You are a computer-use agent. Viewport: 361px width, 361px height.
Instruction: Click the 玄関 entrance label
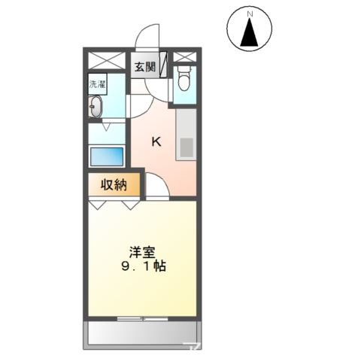coord(145,67)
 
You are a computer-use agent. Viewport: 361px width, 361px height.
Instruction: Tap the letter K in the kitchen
coord(157,141)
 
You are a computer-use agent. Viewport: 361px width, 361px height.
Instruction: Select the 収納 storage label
coord(111,184)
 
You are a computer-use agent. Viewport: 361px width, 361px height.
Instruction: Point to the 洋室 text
coord(142,251)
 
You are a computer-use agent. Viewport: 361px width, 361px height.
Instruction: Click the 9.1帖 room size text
coord(142,267)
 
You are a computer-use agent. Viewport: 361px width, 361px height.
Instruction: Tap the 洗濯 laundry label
coord(96,84)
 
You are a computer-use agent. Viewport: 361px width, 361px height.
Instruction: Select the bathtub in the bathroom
coord(106,157)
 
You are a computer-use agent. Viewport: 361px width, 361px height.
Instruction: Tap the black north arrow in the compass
coord(251,32)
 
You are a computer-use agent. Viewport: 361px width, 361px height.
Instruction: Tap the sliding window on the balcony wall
coord(142,318)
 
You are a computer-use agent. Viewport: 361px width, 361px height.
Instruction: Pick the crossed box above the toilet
coord(184,56)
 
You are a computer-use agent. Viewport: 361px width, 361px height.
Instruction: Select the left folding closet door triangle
coord(97,203)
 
